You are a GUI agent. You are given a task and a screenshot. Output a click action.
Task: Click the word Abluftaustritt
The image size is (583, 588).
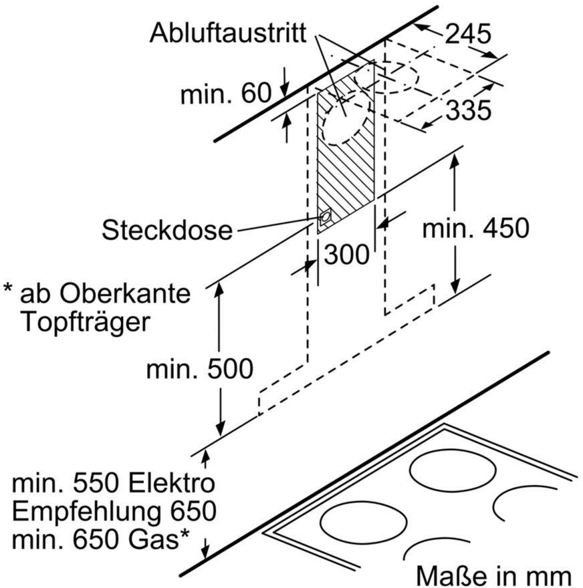[x=228, y=33]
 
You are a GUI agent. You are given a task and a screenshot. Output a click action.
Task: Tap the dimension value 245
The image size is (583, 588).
[x=468, y=33]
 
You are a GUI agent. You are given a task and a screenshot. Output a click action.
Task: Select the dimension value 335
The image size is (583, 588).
[x=469, y=110]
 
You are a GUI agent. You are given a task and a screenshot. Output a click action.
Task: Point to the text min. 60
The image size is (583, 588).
[x=226, y=93]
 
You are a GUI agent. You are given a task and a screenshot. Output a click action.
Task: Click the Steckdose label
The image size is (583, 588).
[x=167, y=230]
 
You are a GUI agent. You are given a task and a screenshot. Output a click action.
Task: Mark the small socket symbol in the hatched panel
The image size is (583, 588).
[x=325, y=217]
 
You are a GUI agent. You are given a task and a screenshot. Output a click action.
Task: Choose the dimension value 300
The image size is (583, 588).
[x=346, y=255]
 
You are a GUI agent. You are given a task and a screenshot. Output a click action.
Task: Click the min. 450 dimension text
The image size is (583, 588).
[x=476, y=228]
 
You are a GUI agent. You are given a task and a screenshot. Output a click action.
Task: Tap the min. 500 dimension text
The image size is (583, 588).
[x=200, y=369]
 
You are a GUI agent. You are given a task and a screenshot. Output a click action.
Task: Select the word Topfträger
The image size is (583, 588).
[x=86, y=323]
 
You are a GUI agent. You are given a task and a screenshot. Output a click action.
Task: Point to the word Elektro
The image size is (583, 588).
[x=172, y=483]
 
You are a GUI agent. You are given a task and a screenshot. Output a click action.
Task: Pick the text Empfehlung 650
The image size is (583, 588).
[x=114, y=511]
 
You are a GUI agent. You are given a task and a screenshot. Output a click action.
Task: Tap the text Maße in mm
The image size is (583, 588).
[x=493, y=575]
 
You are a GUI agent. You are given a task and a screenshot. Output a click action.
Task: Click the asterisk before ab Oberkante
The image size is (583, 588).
[x=8, y=289]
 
